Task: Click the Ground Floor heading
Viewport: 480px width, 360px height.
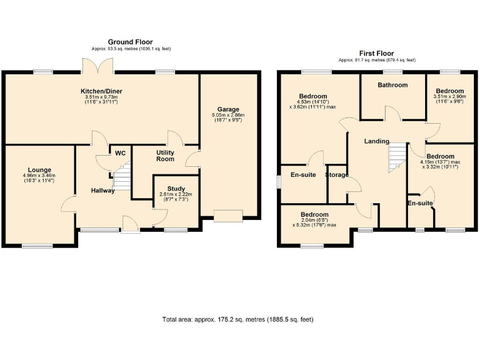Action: (x=130, y=42)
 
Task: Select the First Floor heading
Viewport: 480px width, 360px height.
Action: (x=376, y=53)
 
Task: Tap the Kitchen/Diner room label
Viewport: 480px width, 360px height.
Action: (x=101, y=91)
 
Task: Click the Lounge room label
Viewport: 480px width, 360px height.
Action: (x=39, y=169)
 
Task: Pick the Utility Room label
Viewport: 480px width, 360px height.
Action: (x=165, y=156)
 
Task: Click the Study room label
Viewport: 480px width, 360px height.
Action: (x=176, y=188)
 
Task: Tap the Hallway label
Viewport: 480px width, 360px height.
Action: (x=102, y=191)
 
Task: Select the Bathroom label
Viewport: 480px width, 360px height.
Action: (x=392, y=85)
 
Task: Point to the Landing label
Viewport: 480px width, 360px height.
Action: (x=377, y=141)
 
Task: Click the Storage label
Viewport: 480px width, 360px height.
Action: (x=337, y=175)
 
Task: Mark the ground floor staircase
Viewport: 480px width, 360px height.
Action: (x=123, y=176)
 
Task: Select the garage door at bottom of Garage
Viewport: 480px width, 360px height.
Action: (x=227, y=216)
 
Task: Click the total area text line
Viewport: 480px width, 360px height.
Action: (x=237, y=319)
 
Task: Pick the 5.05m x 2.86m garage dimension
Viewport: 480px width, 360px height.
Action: (x=228, y=118)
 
